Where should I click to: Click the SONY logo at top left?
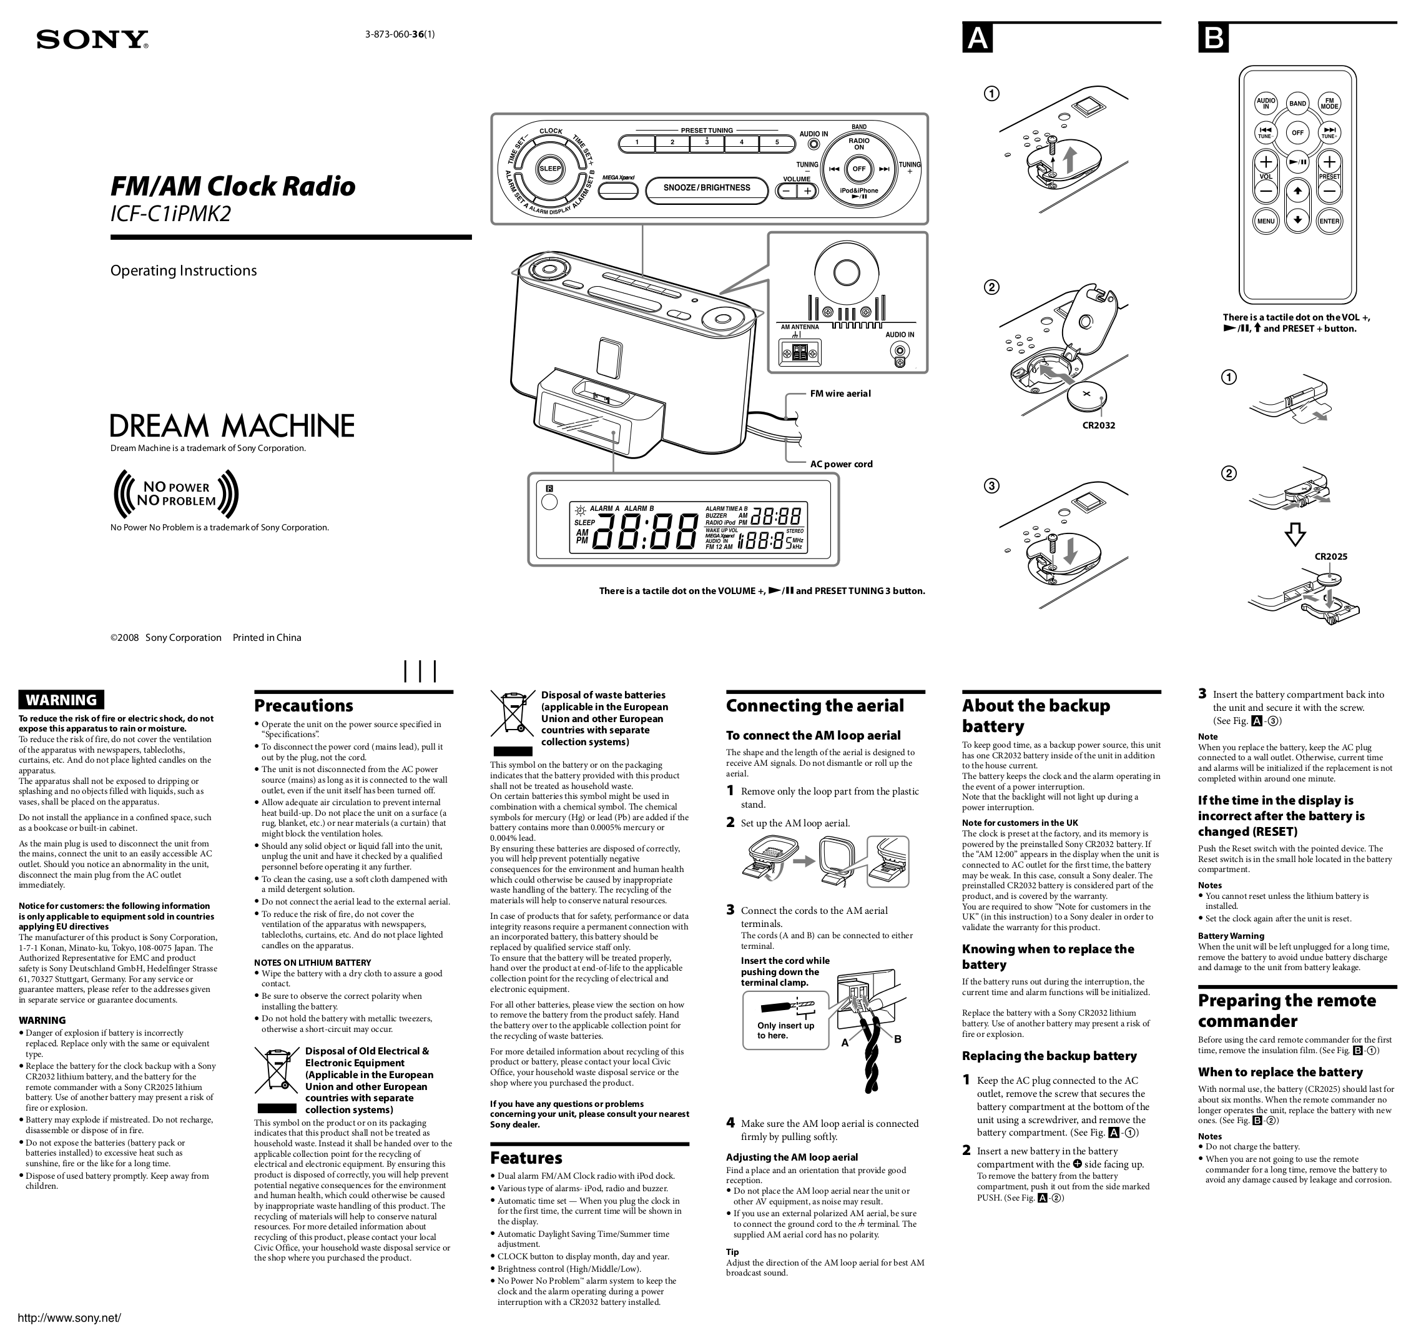click(x=92, y=39)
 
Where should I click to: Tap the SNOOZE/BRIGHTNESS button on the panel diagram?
click(x=706, y=188)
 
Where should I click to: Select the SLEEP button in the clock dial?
click(x=550, y=169)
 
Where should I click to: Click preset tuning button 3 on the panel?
click(x=706, y=142)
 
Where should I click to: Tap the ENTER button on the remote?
click(x=1329, y=221)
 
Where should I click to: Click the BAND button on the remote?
click(x=1297, y=104)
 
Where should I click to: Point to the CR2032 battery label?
click(x=1098, y=425)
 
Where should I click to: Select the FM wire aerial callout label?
click(x=840, y=394)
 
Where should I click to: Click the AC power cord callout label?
click(x=841, y=464)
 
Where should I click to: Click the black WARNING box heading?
click(x=62, y=700)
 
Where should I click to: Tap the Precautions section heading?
click(x=303, y=706)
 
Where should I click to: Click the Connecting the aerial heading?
click(x=814, y=706)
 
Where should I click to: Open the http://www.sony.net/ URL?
click(x=69, y=1318)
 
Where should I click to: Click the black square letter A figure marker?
click(x=977, y=38)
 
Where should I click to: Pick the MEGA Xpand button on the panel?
click(x=618, y=191)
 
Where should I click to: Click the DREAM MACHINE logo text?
click(x=232, y=426)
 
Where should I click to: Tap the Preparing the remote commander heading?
click(x=1287, y=1010)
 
